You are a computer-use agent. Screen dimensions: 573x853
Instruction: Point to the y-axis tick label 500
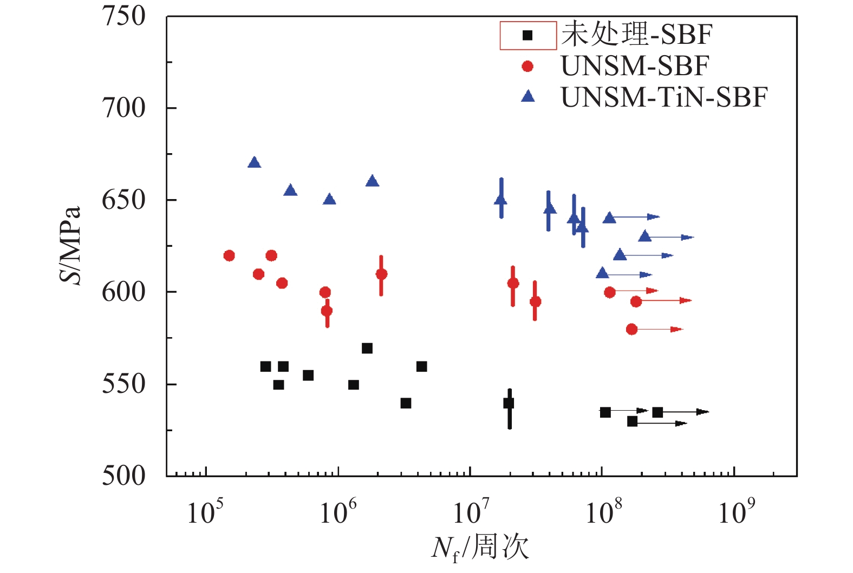[x=123, y=476]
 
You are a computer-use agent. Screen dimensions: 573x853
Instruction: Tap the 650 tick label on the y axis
[x=123, y=200]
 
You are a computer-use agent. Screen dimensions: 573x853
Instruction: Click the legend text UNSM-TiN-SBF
[x=664, y=98]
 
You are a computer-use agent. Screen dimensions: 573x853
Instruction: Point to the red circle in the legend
[x=527, y=66]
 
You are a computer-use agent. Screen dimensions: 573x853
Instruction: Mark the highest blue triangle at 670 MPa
[x=254, y=162]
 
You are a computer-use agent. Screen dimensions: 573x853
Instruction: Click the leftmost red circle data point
[x=229, y=255]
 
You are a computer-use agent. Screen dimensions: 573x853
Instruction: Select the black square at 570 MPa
[x=367, y=348]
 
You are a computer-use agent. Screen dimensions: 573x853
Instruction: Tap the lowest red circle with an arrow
[x=631, y=329]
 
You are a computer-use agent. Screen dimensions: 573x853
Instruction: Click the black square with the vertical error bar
[x=509, y=403]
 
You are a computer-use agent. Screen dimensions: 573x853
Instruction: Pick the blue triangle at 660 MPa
[x=372, y=181]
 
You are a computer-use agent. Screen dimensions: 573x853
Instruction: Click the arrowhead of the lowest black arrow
[x=681, y=423]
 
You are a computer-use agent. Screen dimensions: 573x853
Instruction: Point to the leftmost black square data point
[x=265, y=367]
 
